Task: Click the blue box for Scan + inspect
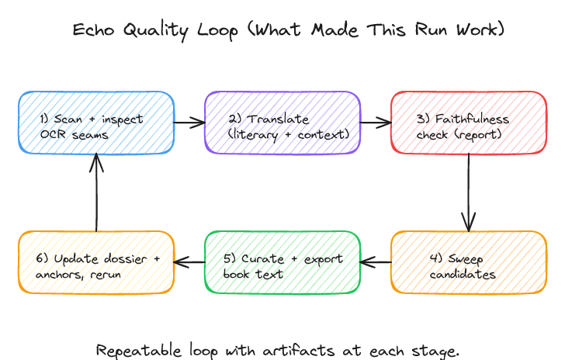tap(95, 123)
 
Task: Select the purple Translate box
tap(282, 123)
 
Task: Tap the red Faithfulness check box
tap(468, 123)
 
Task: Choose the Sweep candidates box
tap(468, 262)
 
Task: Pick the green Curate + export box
tap(282, 262)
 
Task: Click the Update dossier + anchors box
tap(95, 262)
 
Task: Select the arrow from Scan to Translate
tap(189, 123)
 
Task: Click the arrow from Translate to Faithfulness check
tap(375, 123)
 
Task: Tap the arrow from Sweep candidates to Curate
tap(375, 262)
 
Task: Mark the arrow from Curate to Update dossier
tap(189, 262)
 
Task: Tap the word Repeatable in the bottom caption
tap(139, 351)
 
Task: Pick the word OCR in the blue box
tap(53, 134)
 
